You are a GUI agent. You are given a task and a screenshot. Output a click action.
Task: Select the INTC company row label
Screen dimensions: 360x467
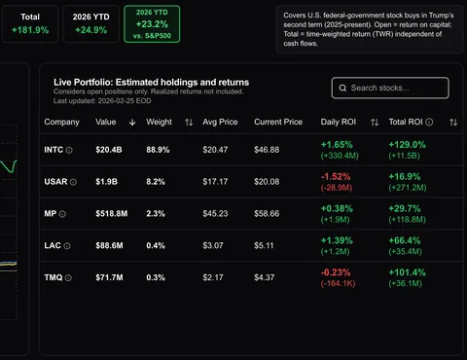(55, 150)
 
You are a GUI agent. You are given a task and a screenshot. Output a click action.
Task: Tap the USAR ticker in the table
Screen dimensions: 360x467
(56, 181)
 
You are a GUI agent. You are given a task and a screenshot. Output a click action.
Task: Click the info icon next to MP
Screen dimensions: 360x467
(63, 213)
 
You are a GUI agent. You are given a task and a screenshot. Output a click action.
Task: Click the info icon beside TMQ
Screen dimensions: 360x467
(70, 277)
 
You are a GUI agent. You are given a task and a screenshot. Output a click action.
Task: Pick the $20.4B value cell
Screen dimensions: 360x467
(108, 150)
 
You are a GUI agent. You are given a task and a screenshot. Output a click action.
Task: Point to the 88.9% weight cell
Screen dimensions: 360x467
(158, 150)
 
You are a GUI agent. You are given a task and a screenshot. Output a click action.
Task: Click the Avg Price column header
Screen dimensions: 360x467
(222, 123)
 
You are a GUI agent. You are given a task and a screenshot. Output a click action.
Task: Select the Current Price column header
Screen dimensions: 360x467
(278, 123)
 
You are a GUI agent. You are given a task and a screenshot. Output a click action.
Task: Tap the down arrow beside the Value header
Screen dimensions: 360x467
(132, 123)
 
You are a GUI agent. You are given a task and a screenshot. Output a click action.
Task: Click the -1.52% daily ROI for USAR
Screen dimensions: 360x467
(336, 175)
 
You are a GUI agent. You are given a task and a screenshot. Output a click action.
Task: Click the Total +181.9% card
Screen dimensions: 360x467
(29, 22)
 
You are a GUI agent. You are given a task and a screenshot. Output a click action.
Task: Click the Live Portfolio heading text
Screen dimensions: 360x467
(151, 83)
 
